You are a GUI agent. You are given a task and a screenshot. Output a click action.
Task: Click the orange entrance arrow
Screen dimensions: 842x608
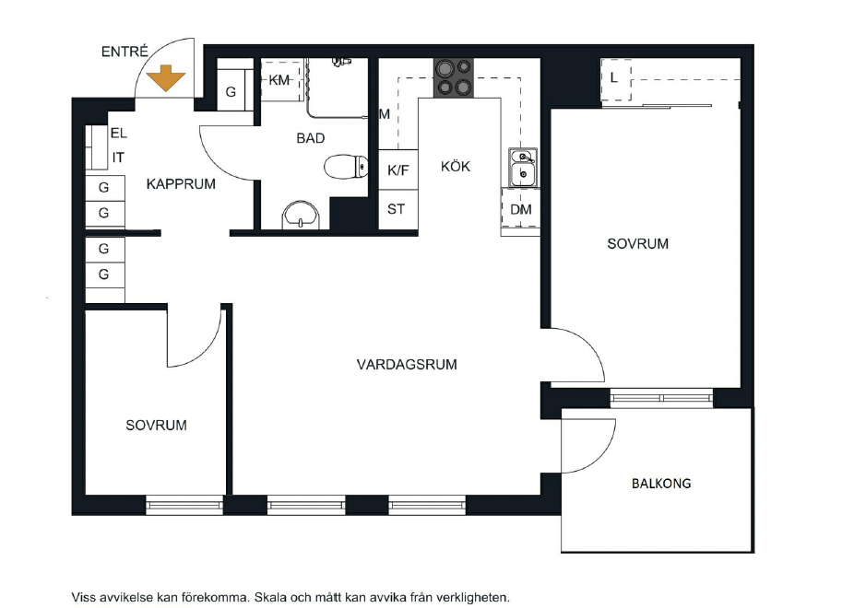coord(166,78)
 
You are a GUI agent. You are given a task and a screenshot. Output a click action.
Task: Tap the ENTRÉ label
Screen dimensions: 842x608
coord(125,52)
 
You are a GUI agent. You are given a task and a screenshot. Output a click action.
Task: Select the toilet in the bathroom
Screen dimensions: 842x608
coord(347,167)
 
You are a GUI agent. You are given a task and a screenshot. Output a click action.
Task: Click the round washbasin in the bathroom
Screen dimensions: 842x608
coord(301,216)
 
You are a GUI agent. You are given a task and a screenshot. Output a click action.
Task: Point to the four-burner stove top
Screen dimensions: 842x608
coord(454,77)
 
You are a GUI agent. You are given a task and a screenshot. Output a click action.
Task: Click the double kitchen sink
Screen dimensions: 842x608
coord(523,168)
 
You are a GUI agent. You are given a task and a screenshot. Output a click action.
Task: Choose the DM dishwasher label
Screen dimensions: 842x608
coord(521,209)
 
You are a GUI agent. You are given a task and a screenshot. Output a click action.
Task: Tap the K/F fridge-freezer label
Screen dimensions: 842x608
coord(397,170)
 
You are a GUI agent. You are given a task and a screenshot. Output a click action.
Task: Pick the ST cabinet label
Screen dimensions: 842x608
coord(397,209)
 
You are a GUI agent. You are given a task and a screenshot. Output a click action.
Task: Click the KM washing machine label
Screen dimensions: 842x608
coord(279,80)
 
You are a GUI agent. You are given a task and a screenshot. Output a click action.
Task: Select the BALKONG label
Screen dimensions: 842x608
coord(661,484)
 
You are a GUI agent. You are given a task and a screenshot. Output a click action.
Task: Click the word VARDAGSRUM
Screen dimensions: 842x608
coord(407,365)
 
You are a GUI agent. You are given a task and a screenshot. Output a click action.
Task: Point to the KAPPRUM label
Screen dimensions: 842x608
coord(181,184)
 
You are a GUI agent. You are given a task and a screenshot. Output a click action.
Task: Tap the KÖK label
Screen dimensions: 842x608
coord(456,167)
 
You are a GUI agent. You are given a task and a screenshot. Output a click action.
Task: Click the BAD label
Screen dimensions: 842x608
coord(311,138)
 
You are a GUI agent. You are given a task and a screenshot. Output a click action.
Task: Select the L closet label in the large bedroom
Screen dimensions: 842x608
coord(614,77)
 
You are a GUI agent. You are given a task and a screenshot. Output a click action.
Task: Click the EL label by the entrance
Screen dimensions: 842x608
coord(119,133)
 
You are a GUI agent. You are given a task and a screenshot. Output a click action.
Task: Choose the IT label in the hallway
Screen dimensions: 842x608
coord(118,158)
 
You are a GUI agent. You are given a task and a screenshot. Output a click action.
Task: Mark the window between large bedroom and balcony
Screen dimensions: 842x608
coord(661,398)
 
